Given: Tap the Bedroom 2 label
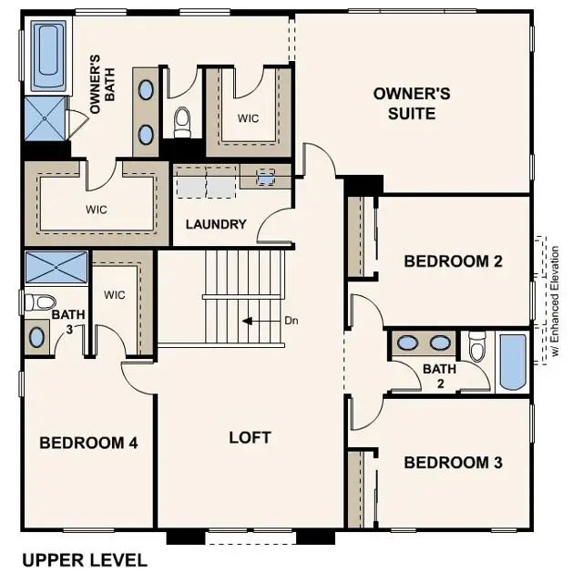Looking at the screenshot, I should click(x=453, y=261).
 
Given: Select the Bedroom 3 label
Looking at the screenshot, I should click(x=453, y=463).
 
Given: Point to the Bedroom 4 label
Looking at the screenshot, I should click(x=88, y=444).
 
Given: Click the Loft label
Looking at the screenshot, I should click(x=250, y=437).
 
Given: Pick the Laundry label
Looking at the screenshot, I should click(x=216, y=224).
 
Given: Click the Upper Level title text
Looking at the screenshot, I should click(x=84, y=559).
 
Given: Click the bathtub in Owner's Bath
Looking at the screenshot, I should click(x=47, y=56).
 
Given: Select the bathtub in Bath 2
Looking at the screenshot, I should click(x=513, y=362).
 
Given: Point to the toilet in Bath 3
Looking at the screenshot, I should click(x=39, y=302).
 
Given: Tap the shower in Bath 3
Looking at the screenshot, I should click(x=56, y=267).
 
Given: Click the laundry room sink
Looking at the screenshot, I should click(x=265, y=177).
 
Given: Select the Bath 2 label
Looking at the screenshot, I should click(x=438, y=375).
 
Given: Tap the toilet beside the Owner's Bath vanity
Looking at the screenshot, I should click(x=181, y=118).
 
